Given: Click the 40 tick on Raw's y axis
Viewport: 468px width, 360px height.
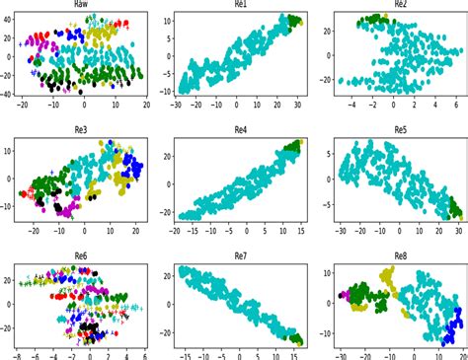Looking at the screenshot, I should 8,18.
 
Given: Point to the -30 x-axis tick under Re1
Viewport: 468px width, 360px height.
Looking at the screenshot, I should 176,103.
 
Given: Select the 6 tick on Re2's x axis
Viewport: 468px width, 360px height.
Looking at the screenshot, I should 455,103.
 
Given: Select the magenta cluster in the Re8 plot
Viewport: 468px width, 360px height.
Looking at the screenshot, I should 344,294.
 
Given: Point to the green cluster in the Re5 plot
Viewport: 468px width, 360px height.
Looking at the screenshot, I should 453,208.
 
